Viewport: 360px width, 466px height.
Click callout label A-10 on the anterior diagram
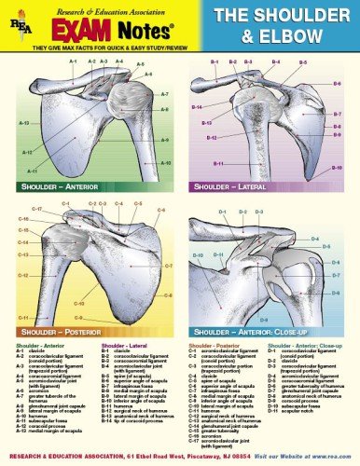(x=166, y=163)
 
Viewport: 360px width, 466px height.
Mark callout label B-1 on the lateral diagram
(x=214, y=62)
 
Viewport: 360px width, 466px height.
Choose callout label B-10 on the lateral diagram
(x=338, y=168)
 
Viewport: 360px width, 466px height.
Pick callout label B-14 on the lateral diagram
(x=197, y=107)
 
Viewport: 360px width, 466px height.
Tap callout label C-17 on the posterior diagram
(x=36, y=209)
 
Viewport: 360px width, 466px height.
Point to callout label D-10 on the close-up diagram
(x=196, y=254)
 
